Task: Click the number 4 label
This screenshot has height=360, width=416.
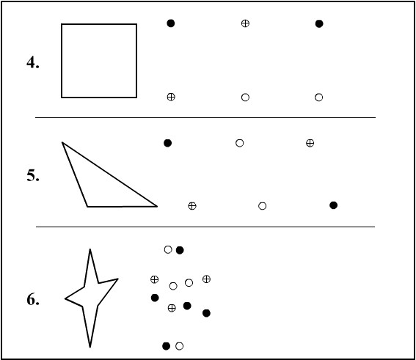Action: (33, 63)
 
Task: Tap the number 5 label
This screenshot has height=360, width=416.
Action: (33, 175)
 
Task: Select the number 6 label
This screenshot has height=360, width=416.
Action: (33, 300)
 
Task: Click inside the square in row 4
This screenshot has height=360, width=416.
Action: (99, 61)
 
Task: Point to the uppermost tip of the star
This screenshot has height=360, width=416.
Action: (90, 249)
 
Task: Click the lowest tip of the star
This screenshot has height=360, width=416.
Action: (90, 347)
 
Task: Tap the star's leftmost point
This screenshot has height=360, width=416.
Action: (65, 298)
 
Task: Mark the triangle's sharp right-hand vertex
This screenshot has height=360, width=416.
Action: (157, 206)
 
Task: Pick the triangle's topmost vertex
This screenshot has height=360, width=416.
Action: (62, 143)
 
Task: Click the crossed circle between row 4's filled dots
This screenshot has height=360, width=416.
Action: (245, 23)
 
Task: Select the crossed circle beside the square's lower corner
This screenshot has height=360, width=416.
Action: (171, 97)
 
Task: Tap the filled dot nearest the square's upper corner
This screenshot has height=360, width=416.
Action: (171, 23)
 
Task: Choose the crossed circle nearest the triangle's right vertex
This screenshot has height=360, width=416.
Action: (192, 206)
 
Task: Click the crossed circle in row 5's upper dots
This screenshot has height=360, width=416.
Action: (310, 143)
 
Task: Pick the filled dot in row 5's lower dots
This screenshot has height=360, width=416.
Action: (334, 205)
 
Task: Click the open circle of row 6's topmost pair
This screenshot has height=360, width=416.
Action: (168, 249)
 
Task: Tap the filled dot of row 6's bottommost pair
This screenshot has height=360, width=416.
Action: (166, 346)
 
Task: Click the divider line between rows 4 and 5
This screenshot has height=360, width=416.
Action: (205, 117)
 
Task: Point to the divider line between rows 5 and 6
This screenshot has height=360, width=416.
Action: (205, 227)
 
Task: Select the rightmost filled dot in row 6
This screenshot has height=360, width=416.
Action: (206, 313)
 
